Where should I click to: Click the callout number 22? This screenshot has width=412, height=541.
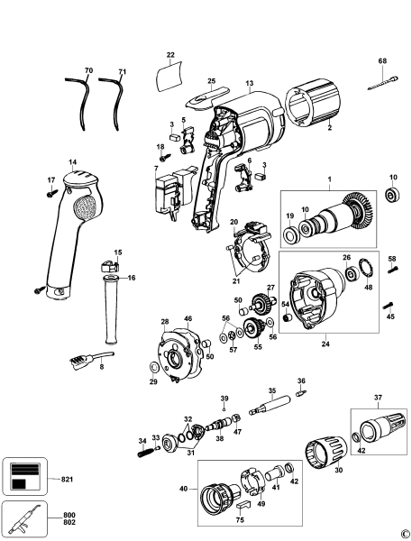(x=170, y=56)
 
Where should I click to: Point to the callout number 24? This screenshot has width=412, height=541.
(x=325, y=342)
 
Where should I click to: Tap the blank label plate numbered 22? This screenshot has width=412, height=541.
(x=169, y=78)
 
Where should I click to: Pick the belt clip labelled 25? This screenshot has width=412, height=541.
(x=206, y=95)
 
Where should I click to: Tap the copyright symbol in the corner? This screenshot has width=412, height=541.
(x=405, y=534)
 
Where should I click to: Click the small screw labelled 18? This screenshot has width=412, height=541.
(x=162, y=160)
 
